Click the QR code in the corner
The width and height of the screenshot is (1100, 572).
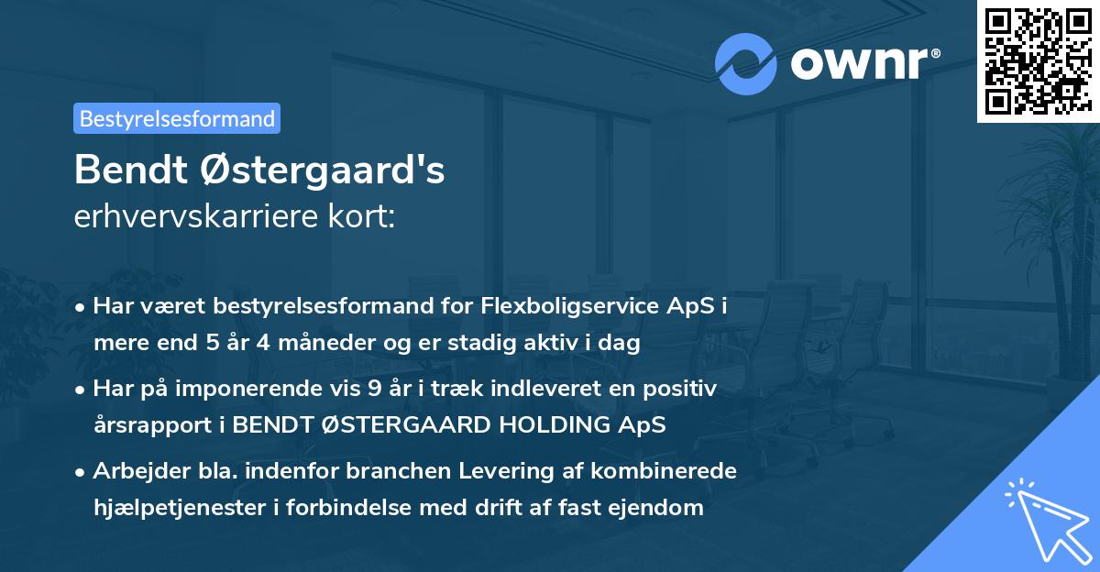pyautogui.click(x=1039, y=60)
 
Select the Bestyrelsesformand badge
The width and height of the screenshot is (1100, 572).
pyautogui.click(x=177, y=118)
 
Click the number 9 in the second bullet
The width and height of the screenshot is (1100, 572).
pyautogui.click(x=374, y=388)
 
